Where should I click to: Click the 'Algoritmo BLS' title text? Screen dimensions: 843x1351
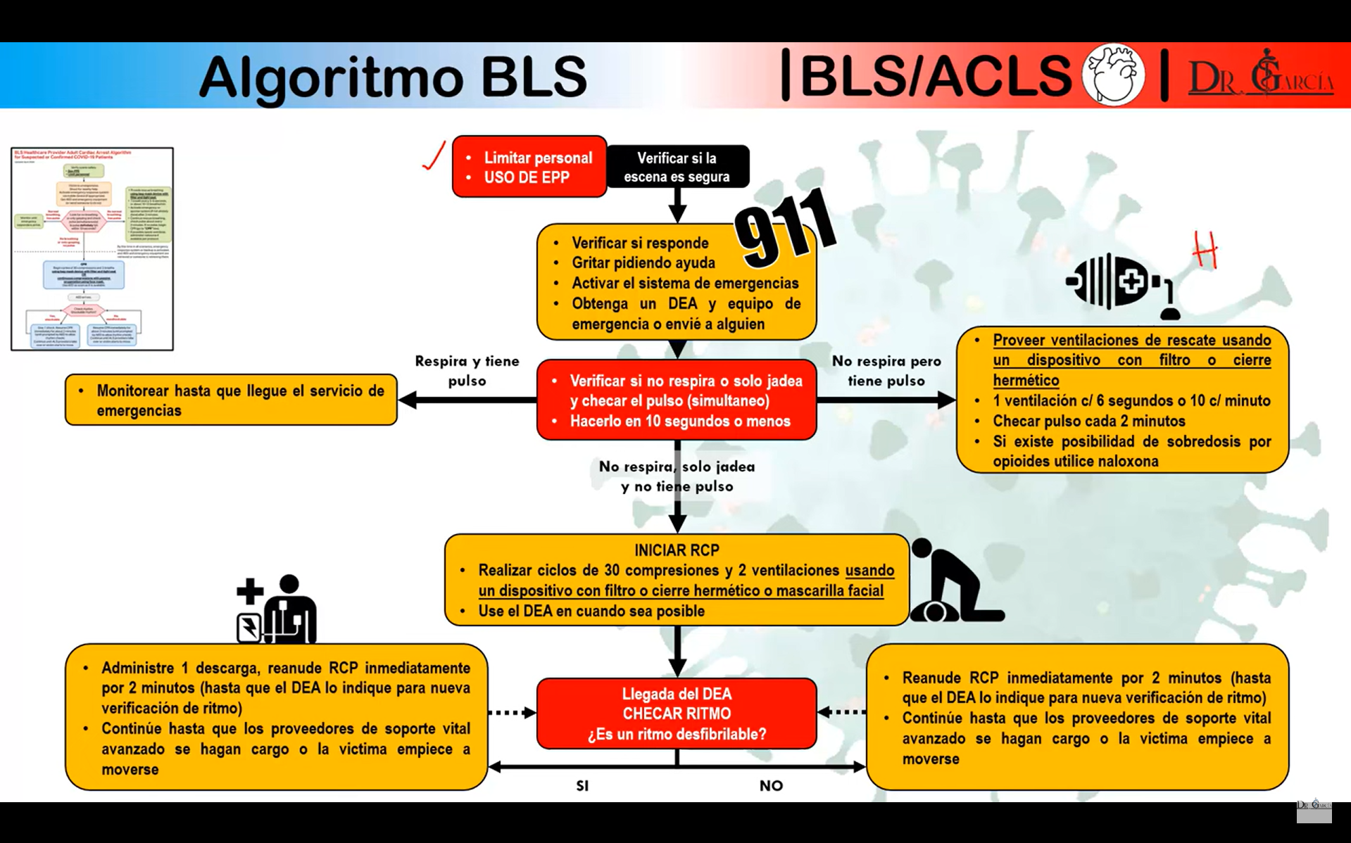393,76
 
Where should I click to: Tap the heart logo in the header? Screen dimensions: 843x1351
1113,75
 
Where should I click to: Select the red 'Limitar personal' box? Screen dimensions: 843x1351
529,167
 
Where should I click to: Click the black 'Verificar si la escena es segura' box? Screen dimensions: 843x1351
677,167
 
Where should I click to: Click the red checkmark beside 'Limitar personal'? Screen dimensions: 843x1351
434,156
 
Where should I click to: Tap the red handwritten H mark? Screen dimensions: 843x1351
1205,250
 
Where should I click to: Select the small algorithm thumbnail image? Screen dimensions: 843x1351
92,248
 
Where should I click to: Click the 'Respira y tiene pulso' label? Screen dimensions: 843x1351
467,371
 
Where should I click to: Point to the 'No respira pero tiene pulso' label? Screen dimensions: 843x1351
886,371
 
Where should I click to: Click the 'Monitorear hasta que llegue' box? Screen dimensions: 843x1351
232,400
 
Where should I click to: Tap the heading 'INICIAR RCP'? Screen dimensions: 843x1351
677,550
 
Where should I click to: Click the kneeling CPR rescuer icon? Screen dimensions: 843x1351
953,583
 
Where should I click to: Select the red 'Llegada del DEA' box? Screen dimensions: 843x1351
677,714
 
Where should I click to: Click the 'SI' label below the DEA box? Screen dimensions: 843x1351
582,786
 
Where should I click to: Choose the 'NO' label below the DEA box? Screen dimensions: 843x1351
771,786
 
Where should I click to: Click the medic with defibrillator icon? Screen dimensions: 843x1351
277,609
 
